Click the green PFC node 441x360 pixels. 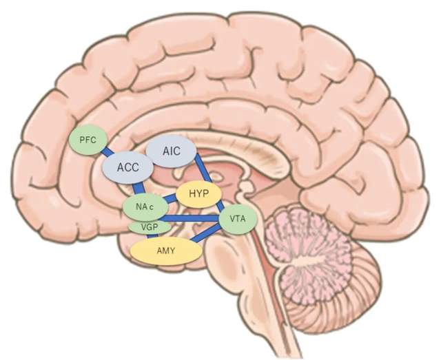click(x=88, y=140)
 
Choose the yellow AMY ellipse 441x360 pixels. click(x=166, y=252)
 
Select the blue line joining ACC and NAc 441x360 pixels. click(x=140, y=188)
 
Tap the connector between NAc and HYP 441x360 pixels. click(x=171, y=200)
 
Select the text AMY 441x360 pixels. click(x=166, y=252)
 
